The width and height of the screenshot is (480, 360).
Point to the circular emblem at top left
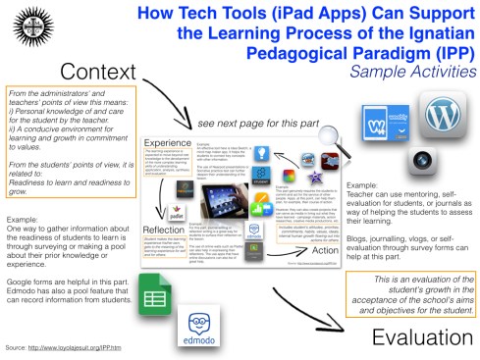21,21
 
